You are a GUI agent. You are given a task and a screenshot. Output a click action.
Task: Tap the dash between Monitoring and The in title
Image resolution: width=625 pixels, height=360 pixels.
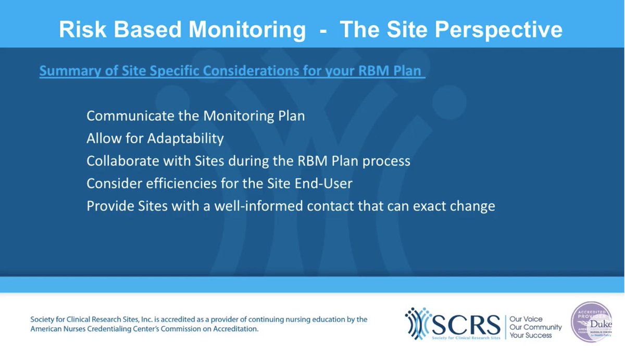323,30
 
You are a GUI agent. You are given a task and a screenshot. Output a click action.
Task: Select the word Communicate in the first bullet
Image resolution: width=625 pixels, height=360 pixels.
126,116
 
